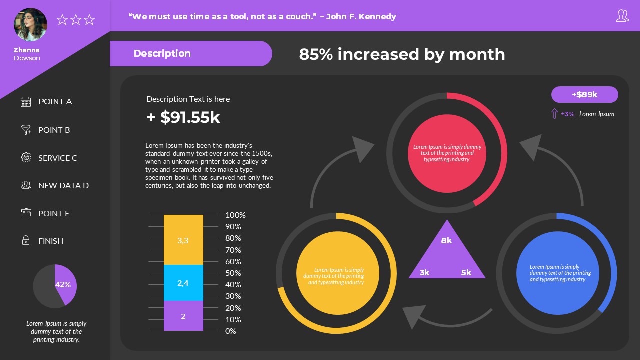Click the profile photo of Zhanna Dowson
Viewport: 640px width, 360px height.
30,24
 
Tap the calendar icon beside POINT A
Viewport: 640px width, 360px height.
26,102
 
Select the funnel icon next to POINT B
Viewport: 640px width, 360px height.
26,130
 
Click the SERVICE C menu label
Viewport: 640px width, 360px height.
58,158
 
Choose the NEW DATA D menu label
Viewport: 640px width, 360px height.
63,185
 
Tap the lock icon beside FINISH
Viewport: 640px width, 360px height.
26,241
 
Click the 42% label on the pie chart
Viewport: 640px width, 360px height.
63,285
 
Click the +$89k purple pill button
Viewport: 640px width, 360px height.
584,94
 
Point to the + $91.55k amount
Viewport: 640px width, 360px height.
183,117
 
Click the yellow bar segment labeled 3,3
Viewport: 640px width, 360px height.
183,240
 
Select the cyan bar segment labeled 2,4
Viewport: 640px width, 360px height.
183,283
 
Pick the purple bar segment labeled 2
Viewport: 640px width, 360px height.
183,316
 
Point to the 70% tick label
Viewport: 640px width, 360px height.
233,250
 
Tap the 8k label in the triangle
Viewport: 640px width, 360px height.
446,241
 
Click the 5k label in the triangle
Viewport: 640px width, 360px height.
466,272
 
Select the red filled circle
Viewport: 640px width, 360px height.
447,153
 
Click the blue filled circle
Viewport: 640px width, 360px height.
557,273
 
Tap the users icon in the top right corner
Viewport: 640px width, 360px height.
622,16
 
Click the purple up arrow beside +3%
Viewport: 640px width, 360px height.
554,114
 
